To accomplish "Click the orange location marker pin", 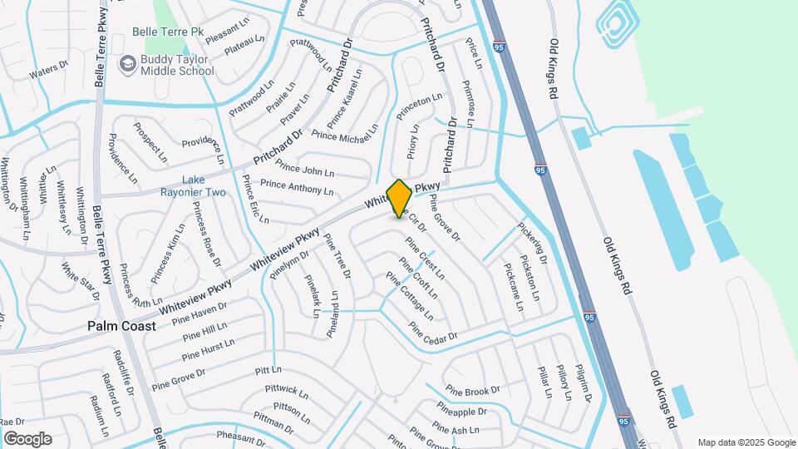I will (x=399, y=198).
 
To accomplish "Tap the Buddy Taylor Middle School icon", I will (x=127, y=63).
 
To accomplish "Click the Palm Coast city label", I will (x=121, y=327).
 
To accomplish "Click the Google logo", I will (x=27, y=439).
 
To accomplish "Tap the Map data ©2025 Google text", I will (x=746, y=442).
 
